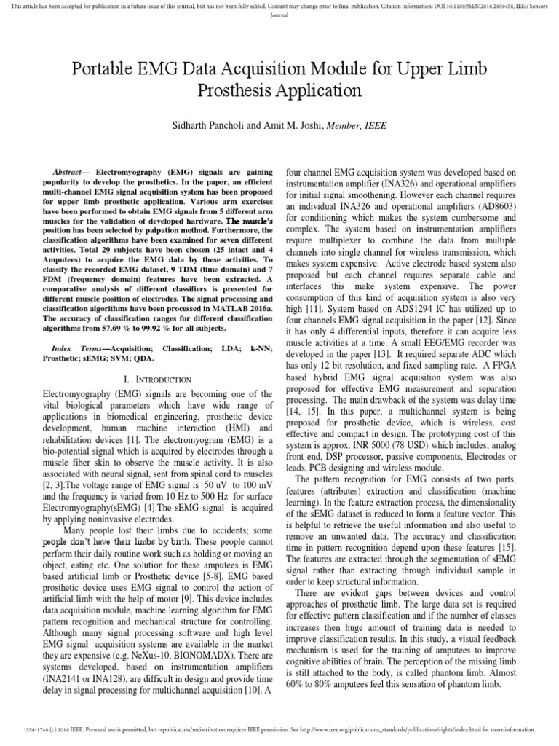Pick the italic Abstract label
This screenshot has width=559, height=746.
(x=72, y=168)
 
